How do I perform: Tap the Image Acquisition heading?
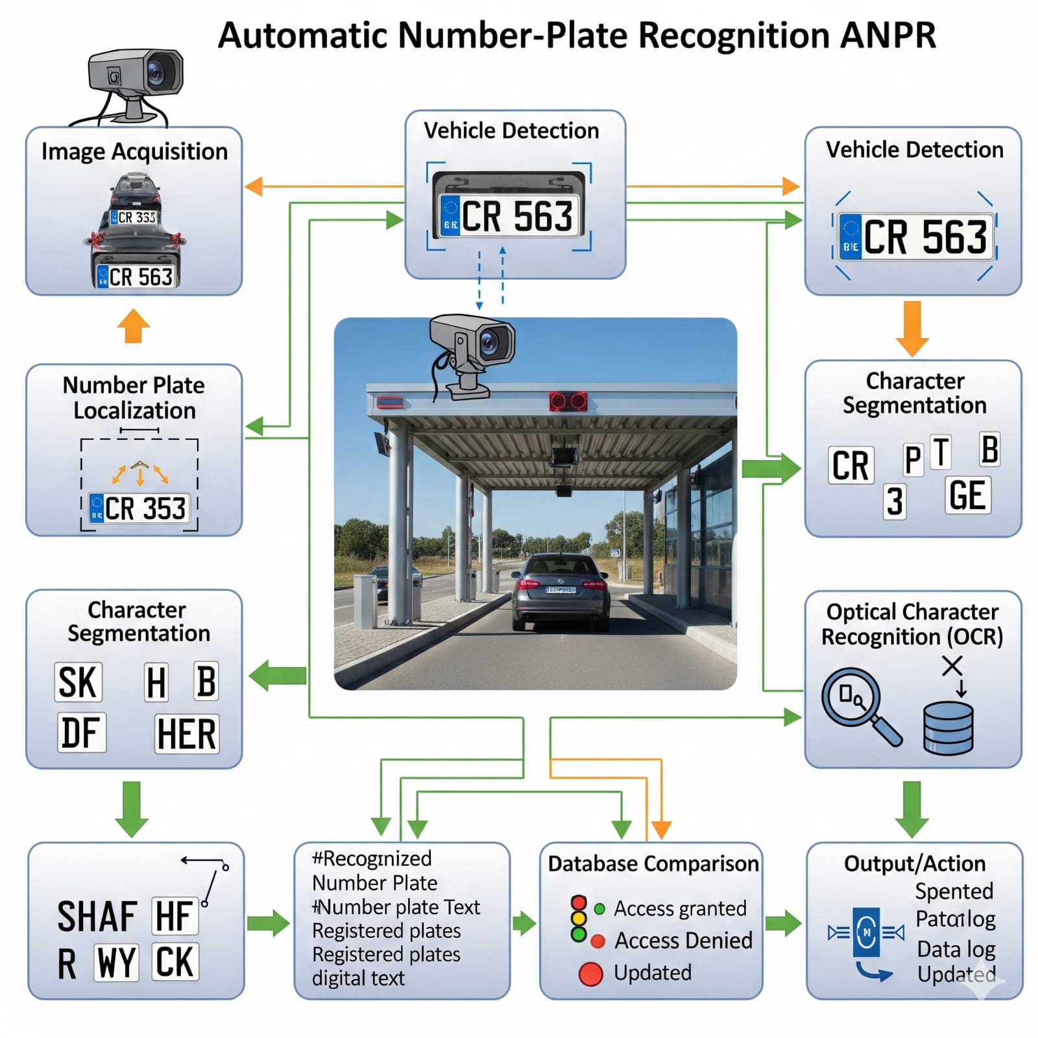134,152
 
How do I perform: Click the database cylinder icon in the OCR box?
948,729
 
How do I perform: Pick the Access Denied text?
683,940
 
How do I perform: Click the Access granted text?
680,908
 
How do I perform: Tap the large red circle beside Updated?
590,974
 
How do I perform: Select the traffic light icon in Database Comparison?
579,919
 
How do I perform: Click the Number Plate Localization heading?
134,398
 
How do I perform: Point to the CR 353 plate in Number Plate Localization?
139,509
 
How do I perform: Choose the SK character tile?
78,682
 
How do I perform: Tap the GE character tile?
967,496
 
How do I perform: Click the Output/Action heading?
914,863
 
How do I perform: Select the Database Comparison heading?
653,863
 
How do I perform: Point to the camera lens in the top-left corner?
156,71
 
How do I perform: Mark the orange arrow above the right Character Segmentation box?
912,328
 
